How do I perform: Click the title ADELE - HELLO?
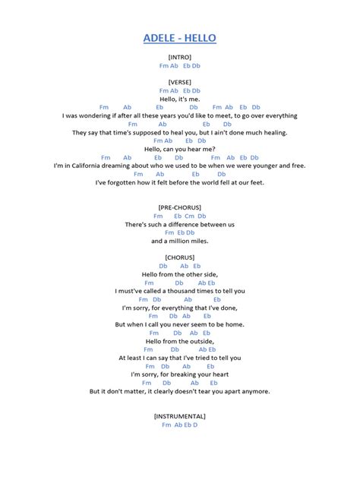(179, 38)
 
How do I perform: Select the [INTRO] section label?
(179, 57)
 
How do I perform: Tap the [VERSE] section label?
(179, 82)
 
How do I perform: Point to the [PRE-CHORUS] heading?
(179, 207)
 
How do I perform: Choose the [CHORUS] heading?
(179, 257)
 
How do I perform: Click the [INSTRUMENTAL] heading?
(179, 416)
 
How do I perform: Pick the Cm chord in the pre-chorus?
(190, 216)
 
